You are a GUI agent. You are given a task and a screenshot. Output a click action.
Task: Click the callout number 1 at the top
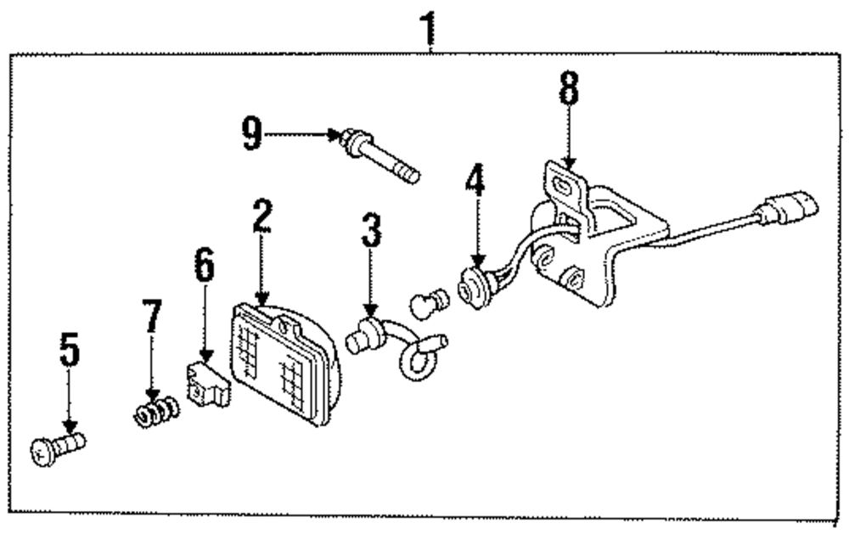tap(430, 28)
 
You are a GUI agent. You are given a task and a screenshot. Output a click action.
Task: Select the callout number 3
tap(370, 230)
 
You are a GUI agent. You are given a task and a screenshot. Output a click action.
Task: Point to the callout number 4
tap(476, 182)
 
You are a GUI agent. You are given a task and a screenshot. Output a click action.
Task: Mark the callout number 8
tap(567, 88)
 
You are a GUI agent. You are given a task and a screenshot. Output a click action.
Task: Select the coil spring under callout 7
tap(157, 413)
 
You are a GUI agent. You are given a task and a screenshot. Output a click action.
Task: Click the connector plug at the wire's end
tap(793, 206)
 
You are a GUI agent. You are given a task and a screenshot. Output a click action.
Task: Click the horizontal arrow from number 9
tap(301, 134)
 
